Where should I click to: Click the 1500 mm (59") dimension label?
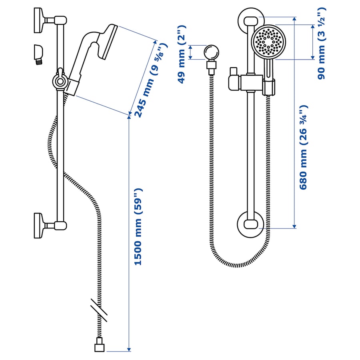138,226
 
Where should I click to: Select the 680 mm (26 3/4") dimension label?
304,147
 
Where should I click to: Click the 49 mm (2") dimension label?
182,54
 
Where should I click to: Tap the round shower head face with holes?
268,41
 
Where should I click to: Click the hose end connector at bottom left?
100,347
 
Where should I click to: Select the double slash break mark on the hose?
98,309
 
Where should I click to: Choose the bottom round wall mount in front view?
251,225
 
